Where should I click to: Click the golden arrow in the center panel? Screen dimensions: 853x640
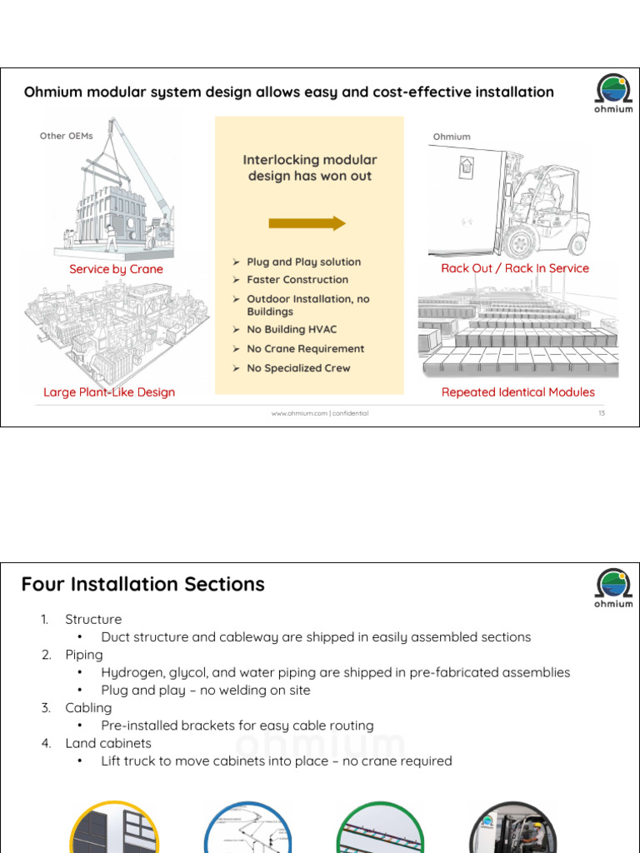point(307,223)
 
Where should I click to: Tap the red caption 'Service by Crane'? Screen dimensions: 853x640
point(116,269)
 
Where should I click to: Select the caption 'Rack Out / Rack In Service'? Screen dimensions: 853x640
point(514,268)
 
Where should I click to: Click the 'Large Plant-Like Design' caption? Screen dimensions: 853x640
point(109,392)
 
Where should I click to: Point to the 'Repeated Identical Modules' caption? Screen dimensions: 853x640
point(517,392)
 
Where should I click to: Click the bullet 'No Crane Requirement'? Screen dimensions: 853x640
point(305,349)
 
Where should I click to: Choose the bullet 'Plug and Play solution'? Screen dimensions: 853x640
point(303,262)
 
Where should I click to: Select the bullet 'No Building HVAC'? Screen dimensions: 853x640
point(292,330)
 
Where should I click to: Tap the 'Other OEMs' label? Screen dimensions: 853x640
point(67,136)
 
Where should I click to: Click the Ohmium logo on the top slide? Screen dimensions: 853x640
point(613,92)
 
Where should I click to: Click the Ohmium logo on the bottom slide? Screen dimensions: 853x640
point(613,588)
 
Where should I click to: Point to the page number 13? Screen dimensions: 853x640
point(601,413)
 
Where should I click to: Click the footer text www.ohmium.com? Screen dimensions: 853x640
point(319,413)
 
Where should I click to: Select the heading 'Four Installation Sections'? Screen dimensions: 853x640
point(142,585)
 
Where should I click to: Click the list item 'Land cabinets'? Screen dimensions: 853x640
point(108,743)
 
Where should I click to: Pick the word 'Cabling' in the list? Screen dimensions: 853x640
point(88,708)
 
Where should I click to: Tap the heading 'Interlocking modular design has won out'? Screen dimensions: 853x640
point(309,167)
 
